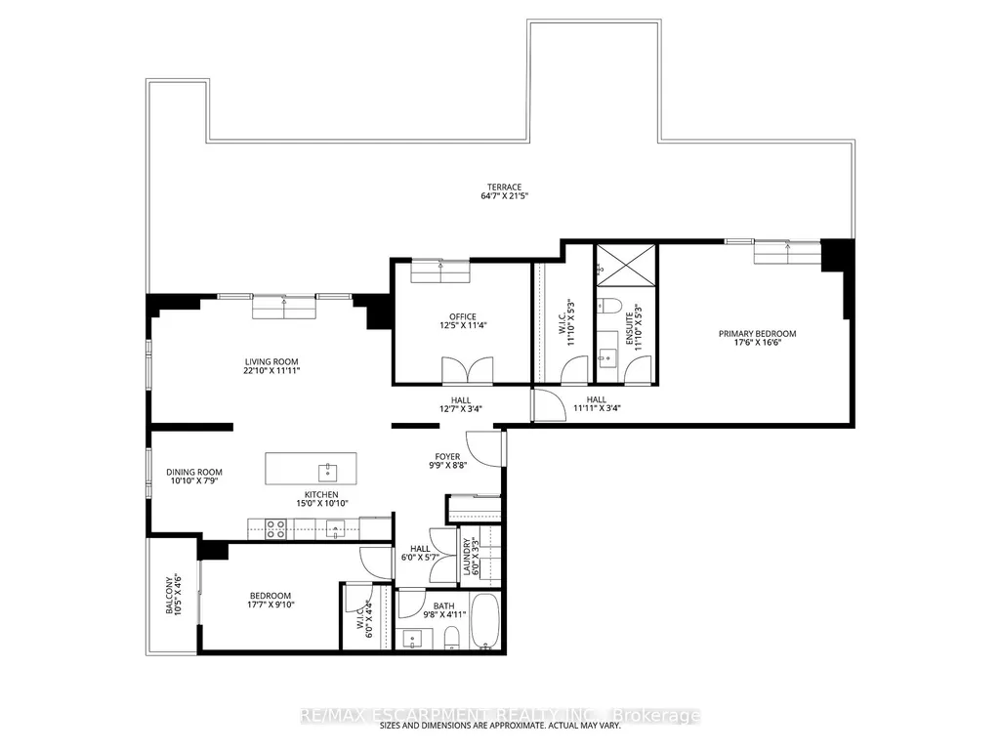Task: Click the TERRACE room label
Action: (x=504, y=188)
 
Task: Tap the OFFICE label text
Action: (x=462, y=316)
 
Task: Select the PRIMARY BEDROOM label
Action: (x=757, y=333)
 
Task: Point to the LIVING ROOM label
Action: (x=271, y=361)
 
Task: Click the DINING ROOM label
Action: (x=194, y=472)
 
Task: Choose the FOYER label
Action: (x=447, y=457)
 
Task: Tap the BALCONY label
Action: (x=170, y=596)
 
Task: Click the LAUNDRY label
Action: (x=467, y=557)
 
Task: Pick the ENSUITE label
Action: (x=630, y=329)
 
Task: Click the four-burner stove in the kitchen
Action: (x=275, y=529)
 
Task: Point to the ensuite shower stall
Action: (x=626, y=265)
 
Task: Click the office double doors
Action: (x=468, y=370)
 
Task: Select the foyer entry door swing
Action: (x=484, y=447)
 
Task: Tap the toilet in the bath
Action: (x=451, y=638)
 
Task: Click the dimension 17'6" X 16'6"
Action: (x=758, y=342)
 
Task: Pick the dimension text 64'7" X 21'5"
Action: (x=504, y=196)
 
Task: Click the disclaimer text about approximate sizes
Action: (x=500, y=726)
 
